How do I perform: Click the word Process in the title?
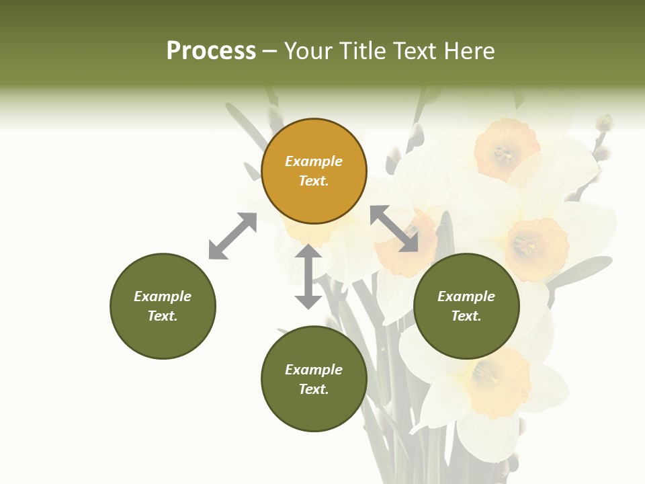tap(211, 51)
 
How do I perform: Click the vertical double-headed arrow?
tap(308, 276)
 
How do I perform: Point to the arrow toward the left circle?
tap(232, 236)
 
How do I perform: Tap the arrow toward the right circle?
tap(394, 229)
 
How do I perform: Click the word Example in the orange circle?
tap(314, 161)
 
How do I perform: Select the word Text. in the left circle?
tap(163, 316)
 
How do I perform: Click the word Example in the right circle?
tap(466, 296)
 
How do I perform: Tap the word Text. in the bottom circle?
tap(314, 389)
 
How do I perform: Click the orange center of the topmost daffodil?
tap(506, 149)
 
